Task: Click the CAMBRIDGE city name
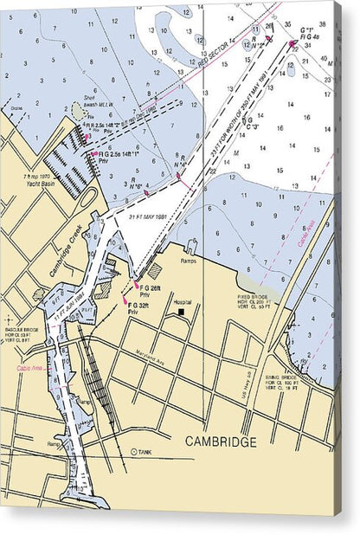[x=221, y=442]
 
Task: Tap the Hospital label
[x=183, y=302]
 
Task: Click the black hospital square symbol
[x=181, y=312]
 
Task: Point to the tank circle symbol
[x=134, y=452]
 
